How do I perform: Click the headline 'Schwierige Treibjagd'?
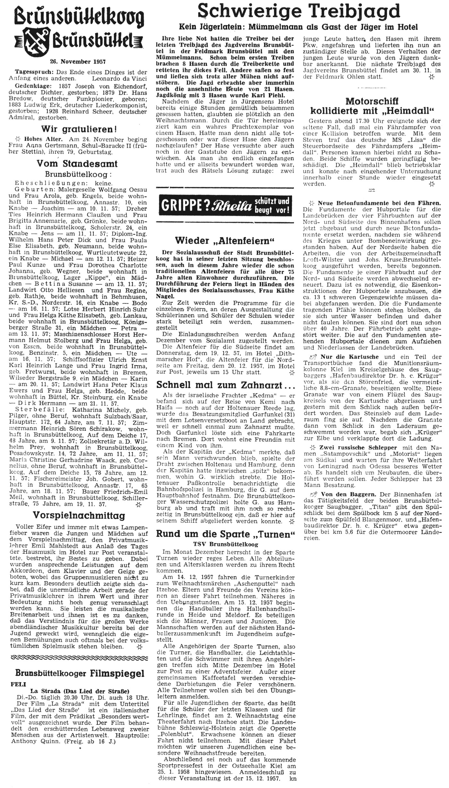tap(299, 12)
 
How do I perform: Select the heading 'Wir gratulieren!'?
tap(78, 130)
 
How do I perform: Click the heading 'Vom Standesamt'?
tap(77, 163)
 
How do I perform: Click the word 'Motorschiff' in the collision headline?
tap(372, 101)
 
